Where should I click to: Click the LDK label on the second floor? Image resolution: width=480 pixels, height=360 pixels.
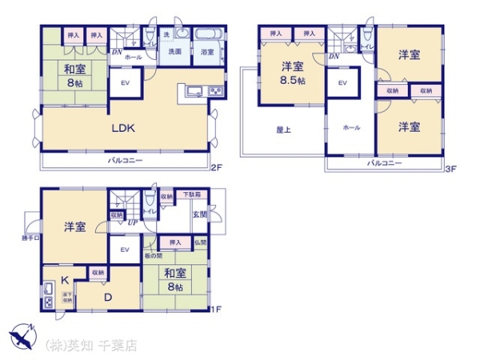[122, 127]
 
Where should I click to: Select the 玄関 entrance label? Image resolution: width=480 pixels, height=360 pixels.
[199, 214]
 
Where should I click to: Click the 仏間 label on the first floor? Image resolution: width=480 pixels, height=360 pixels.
[200, 242]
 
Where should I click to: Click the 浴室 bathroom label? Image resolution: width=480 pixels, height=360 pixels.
[207, 53]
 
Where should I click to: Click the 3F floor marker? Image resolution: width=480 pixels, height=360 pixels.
[450, 168]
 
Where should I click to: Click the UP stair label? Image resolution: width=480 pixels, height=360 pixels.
[132, 223]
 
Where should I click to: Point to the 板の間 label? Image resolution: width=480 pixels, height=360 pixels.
[153, 255]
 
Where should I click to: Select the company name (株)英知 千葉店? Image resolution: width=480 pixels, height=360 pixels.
[91, 346]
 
